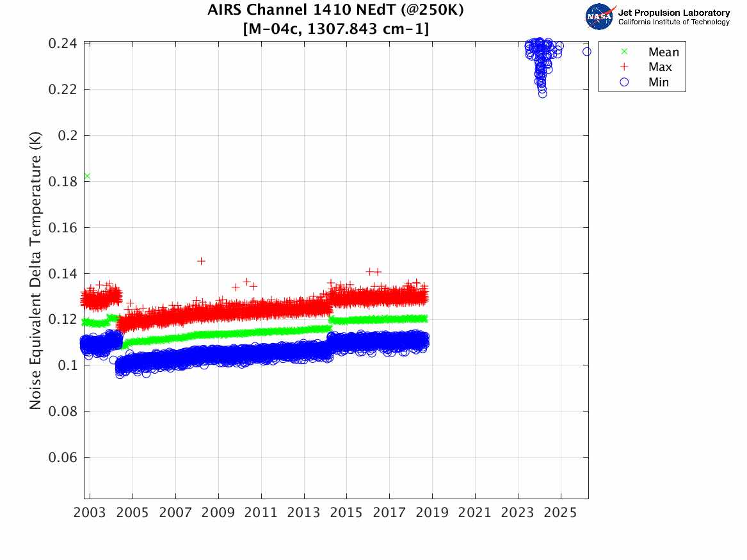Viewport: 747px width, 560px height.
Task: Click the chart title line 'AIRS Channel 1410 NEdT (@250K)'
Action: click(336, 11)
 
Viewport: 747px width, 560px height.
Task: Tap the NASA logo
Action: click(600, 16)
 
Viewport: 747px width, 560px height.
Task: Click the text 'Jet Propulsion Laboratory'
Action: click(673, 12)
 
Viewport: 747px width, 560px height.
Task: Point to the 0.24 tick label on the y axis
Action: click(63, 44)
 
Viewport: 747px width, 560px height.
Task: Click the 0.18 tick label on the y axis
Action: click(63, 182)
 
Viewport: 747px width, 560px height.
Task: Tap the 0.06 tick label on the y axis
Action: click(63, 458)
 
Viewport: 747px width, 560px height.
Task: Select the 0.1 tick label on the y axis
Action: click(67, 365)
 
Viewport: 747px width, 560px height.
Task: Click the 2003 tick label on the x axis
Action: click(90, 513)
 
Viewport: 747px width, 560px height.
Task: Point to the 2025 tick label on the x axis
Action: click(561, 513)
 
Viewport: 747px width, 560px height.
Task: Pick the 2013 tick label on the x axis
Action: click(304, 513)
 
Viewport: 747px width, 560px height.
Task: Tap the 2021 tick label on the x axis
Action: click(475, 513)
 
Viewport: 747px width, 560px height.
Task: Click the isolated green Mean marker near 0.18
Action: click(87, 176)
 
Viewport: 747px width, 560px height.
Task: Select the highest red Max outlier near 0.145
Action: click(202, 260)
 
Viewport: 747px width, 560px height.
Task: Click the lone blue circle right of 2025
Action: click(587, 51)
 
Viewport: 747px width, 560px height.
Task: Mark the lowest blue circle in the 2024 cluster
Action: click(543, 93)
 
